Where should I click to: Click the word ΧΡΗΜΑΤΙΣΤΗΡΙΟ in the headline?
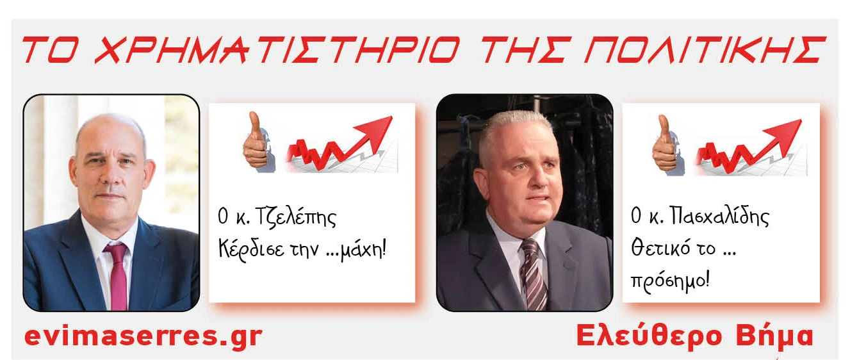click(x=277, y=50)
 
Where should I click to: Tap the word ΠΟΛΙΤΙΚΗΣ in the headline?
click(x=705, y=50)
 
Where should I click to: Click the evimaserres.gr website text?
click(x=143, y=336)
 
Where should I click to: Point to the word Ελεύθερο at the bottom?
click(x=650, y=336)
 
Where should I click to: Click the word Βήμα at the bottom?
click(x=774, y=336)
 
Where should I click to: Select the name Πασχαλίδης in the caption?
click(x=719, y=217)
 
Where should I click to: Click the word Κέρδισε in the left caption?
click(x=251, y=250)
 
